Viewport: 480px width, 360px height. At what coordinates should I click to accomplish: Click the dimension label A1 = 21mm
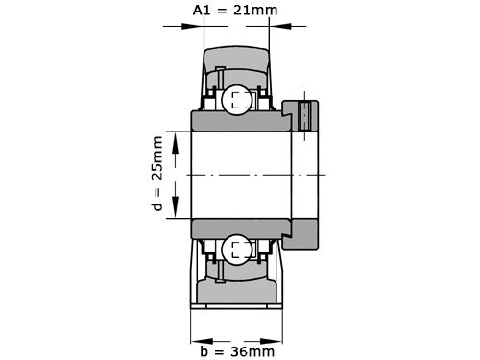tap(235, 10)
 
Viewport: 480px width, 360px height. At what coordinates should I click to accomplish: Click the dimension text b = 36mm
tap(235, 351)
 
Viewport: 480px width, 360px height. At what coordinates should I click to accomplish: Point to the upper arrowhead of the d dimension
tap(177, 139)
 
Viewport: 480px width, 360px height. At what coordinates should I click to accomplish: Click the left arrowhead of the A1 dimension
tap(198, 26)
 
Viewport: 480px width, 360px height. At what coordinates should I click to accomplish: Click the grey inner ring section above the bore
tap(240, 122)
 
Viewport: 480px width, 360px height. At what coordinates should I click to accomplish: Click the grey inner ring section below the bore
tap(240, 228)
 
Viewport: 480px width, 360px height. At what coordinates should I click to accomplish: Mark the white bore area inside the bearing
tap(240, 175)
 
